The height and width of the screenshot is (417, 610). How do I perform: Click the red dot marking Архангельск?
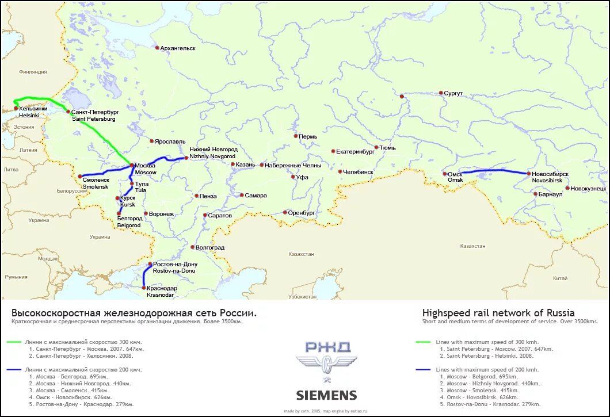(157, 48)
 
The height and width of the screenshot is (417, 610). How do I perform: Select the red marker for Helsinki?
(16, 108)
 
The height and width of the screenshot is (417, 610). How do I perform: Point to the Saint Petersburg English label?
(94, 119)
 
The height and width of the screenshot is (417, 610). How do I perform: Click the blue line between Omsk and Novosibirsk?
(489, 170)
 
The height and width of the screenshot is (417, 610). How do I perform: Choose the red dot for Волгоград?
(192, 247)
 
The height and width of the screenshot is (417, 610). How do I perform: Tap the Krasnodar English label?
(161, 295)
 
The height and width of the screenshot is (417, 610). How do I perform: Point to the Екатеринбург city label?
(355, 152)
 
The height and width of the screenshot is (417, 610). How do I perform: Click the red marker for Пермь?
(295, 136)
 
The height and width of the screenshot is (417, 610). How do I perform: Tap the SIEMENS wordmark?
(326, 396)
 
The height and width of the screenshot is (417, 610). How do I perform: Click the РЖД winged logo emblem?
(326, 361)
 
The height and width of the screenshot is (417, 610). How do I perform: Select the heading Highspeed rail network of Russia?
(498, 313)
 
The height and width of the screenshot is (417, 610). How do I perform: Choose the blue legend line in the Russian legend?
(15, 370)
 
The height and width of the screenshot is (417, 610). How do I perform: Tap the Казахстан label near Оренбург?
(302, 254)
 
